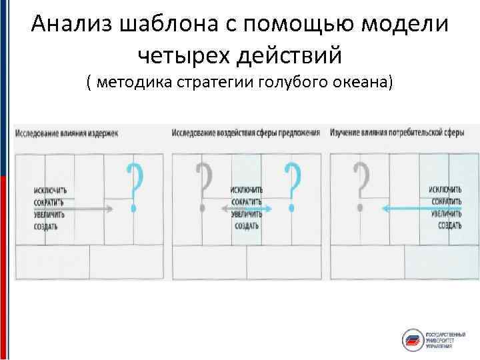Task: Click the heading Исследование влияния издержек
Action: point(66,133)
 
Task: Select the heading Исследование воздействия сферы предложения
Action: point(246,133)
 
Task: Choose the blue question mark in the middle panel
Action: point(291,189)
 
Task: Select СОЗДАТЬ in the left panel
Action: point(47,226)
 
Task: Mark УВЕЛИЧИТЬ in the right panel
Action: point(447,214)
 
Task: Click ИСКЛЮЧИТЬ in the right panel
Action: point(447,191)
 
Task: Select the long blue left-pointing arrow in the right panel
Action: point(420,209)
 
